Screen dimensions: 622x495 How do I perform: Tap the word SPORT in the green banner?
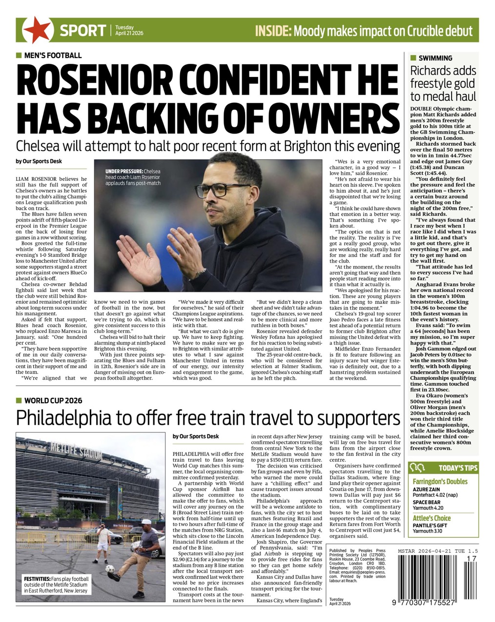pos(82,31)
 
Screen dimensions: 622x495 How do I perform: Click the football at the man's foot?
pos(110,569)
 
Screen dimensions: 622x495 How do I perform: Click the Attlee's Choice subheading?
pos(432,518)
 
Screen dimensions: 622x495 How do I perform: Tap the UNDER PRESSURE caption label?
pos(124,171)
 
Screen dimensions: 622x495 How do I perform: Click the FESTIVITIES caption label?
pos(37,579)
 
